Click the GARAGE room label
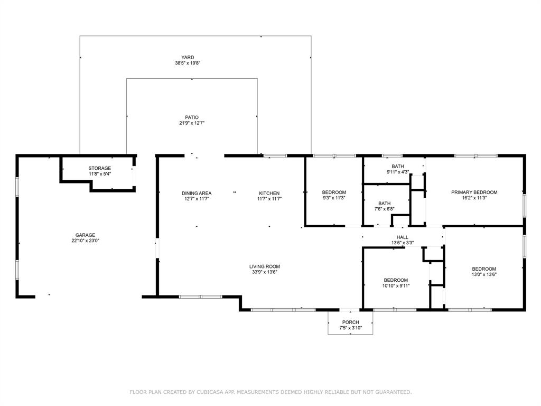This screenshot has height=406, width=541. [85, 235]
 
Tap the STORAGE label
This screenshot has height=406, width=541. [99, 168]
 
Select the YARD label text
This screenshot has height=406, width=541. [188, 57]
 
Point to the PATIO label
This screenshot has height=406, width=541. [192, 117]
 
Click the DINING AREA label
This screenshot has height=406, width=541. [197, 193]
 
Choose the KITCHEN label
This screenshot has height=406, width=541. [269, 193]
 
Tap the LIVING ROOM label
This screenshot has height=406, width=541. [265, 266]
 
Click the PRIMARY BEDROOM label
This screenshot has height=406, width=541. [474, 192]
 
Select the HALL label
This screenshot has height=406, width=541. [403, 237]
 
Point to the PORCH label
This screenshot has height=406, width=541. [350, 322]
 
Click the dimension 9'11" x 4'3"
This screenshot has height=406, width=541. [394, 172]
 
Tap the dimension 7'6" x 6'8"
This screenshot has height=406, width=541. [384, 209]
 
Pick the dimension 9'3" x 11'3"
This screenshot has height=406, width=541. [334, 198]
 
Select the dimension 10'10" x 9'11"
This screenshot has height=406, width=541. [396, 286]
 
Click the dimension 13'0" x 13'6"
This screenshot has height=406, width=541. [484, 274]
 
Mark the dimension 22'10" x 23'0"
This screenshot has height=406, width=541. [85, 241]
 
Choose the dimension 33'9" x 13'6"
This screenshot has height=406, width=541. [265, 272]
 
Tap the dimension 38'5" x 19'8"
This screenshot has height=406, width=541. [188, 63]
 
